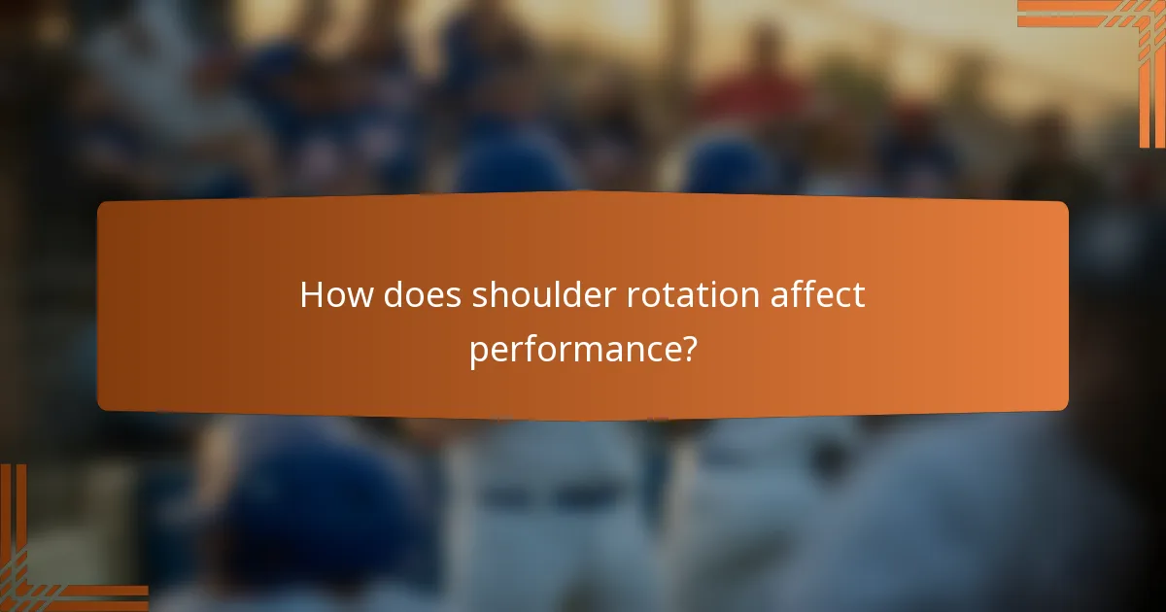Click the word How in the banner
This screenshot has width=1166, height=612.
coord(336,294)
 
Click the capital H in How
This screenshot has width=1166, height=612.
coord(312,294)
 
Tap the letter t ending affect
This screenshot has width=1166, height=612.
coord(858,294)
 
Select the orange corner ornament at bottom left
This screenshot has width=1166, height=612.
coord(49,563)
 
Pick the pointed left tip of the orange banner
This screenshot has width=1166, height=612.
coord(98,306)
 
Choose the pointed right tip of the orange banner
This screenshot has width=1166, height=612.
coord(1068,306)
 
